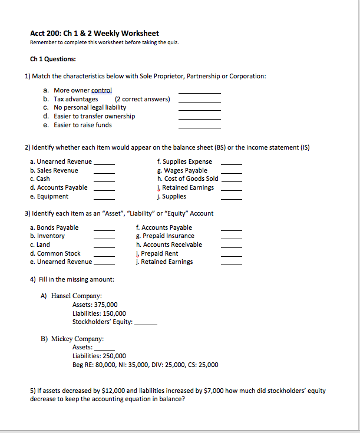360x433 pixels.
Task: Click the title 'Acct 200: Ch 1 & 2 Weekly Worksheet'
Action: point(94,34)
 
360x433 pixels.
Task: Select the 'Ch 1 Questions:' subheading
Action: point(52,59)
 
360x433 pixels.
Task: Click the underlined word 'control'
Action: point(101,90)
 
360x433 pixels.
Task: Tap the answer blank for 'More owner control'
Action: point(199,92)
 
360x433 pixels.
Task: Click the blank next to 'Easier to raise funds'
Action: point(199,127)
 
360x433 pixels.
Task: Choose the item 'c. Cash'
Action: point(40,179)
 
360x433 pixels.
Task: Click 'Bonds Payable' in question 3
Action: point(57,227)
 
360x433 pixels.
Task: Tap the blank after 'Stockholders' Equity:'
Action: point(146,324)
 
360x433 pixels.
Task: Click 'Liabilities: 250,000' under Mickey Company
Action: point(98,356)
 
